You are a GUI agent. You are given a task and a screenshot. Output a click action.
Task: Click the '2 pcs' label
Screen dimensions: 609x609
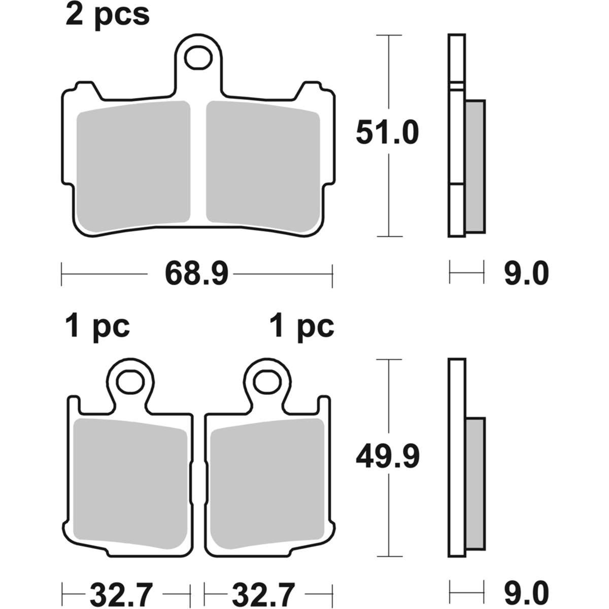pos(108,15)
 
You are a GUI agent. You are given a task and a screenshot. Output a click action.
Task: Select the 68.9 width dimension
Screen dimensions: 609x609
pos(196,274)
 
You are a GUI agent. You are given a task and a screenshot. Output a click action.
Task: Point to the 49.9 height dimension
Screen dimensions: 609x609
pos(388,457)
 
